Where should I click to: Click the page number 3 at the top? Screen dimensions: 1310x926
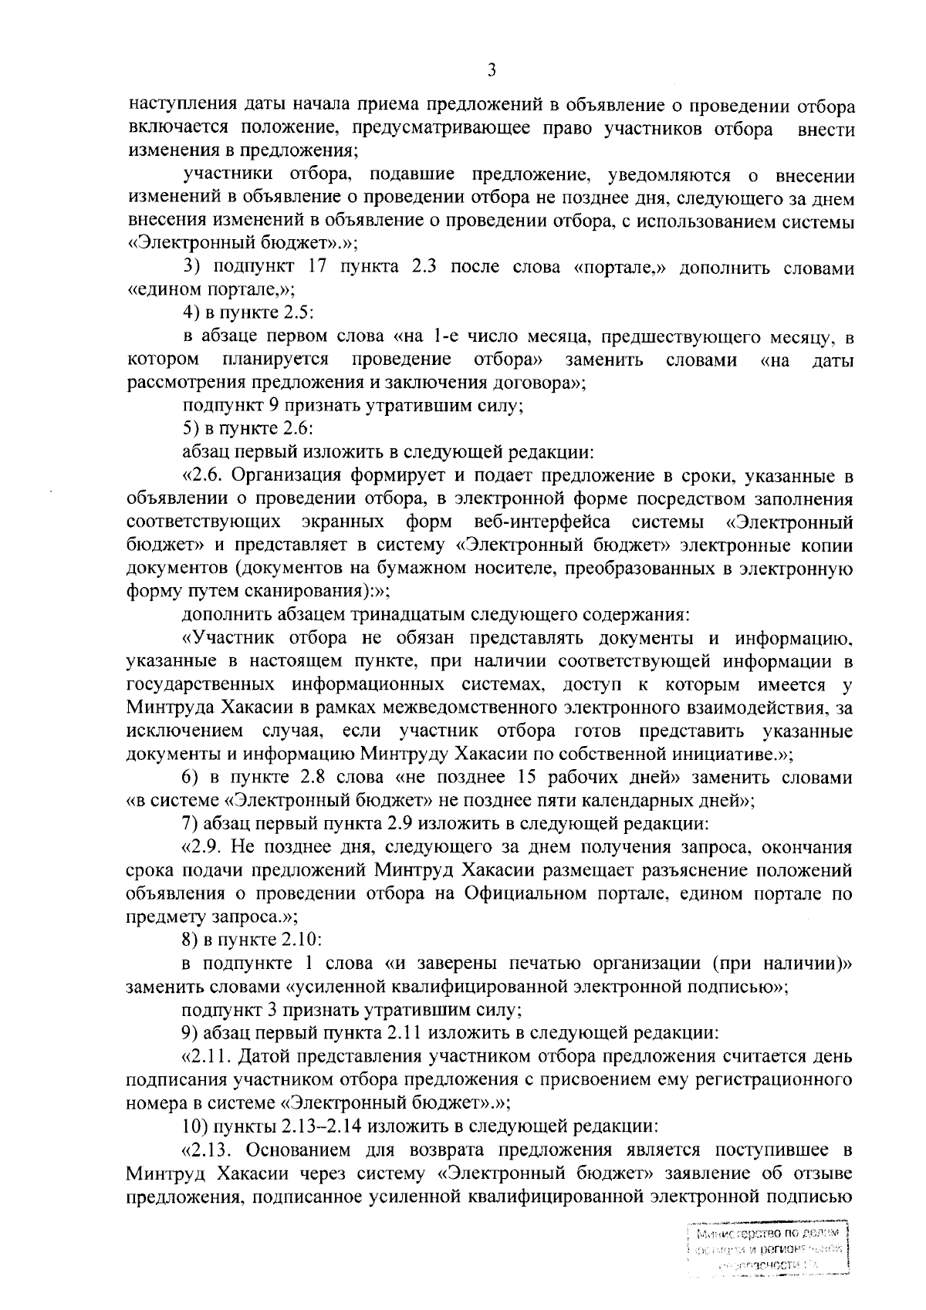491,70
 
